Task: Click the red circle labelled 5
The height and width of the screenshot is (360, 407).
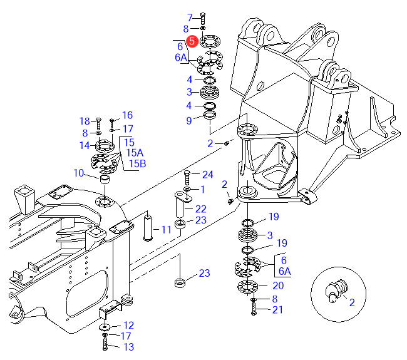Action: click(193, 41)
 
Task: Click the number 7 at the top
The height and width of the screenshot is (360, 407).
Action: click(190, 17)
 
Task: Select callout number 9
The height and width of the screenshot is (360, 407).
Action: click(189, 120)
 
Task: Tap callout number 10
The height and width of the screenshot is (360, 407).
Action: click(79, 173)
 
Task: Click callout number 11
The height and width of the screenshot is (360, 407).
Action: click(166, 230)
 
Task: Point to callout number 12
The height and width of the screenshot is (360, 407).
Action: click(128, 325)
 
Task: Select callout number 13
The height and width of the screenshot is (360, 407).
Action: click(128, 346)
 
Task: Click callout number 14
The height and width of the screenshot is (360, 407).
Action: click(85, 146)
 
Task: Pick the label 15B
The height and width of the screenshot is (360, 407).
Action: click(138, 164)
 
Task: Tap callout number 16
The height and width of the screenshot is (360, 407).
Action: click(128, 115)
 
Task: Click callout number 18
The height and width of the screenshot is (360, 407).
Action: click(85, 121)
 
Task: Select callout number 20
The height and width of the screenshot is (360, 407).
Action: click(279, 285)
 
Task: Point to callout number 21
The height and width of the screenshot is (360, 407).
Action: click(278, 309)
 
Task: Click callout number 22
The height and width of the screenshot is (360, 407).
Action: click(200, 208)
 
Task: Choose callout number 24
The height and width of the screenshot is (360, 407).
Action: click(208, 174)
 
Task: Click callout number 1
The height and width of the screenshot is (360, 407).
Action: click(202, 188)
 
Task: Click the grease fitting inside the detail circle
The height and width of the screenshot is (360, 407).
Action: click(335, 290)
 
